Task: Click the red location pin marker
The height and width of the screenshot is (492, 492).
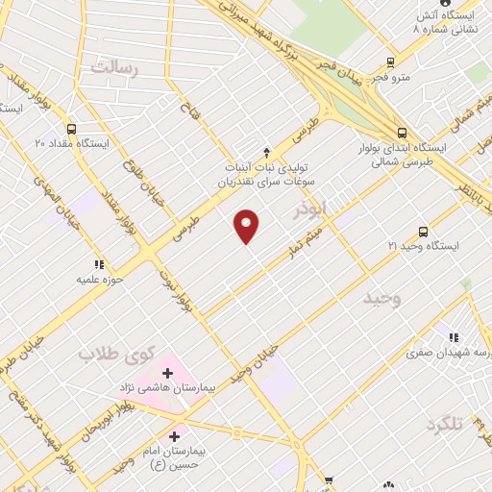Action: pyautogui.click(x=247, y=225)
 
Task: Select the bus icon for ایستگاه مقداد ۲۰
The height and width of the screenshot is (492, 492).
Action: pyautogui.click(x=71, y=129)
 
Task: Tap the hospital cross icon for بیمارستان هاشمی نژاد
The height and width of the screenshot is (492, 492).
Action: pyautogui.click(x=167, y=372)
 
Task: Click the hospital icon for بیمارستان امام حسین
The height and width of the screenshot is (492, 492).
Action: pyautogui.click(x=173, y=438)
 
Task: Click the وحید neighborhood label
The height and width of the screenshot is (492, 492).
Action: pyautogui.click(x=381, y=299)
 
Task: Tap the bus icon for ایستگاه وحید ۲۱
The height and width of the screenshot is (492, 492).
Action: pyautogui.click(x=424, y=232)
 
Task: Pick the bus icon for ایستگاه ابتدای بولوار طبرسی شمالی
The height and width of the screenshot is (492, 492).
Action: pyautogui.click(x=401, y=133)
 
